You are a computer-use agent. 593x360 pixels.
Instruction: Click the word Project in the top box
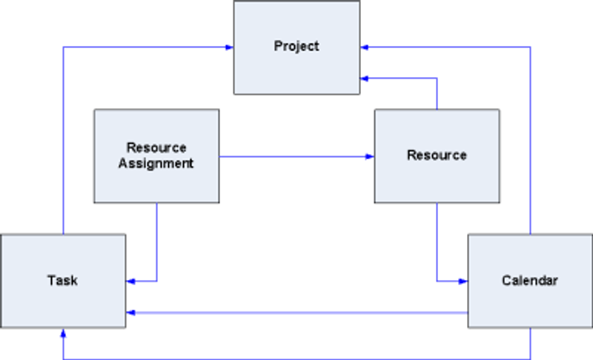[x=296, y=46]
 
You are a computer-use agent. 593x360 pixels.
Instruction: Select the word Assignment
[x=156, y=164]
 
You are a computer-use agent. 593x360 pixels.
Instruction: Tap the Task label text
[x=63, y=281]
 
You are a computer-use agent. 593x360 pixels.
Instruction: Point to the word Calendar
[x=529, y=281]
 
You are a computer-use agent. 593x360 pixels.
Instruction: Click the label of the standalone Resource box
[x=437, y=156]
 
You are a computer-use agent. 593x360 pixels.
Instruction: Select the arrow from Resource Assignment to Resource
[x=296, y=156]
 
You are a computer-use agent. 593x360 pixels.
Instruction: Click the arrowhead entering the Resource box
[x=370, y=156]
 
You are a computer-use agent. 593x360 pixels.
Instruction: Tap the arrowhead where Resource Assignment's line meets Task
[x=130, y=281]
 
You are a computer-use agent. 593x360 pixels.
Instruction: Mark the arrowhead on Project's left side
[x=229, y=47]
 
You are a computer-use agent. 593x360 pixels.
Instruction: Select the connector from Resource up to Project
[x=437, y=93]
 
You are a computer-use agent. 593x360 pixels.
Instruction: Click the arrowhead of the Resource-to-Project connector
[x=365, y=77]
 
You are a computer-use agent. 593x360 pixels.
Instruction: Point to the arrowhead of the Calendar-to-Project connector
[x=365, y=47]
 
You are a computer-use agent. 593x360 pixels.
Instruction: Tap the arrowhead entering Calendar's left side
[x=463, y=281]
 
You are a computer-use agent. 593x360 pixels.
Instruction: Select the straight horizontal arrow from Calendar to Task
[x=296, y=313]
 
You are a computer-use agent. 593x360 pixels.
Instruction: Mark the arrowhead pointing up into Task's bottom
[x=63, y=333]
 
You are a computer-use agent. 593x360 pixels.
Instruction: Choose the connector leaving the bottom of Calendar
[x=531, y=344]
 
